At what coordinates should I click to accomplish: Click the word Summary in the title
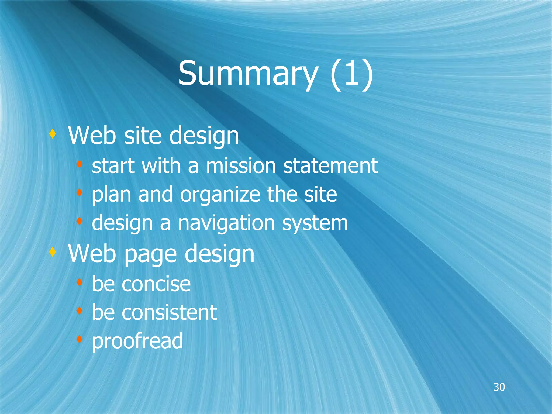click(247, 73)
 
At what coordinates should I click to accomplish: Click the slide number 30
click(499, 387)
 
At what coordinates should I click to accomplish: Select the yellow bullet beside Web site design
click(53, 134)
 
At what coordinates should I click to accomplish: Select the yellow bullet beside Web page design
click(53, 252)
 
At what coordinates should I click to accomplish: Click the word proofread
click(137, 341)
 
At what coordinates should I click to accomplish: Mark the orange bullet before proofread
click(79, 339)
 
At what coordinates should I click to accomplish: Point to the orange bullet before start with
click(79, 164)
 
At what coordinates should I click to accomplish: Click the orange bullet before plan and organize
click(79, 192)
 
